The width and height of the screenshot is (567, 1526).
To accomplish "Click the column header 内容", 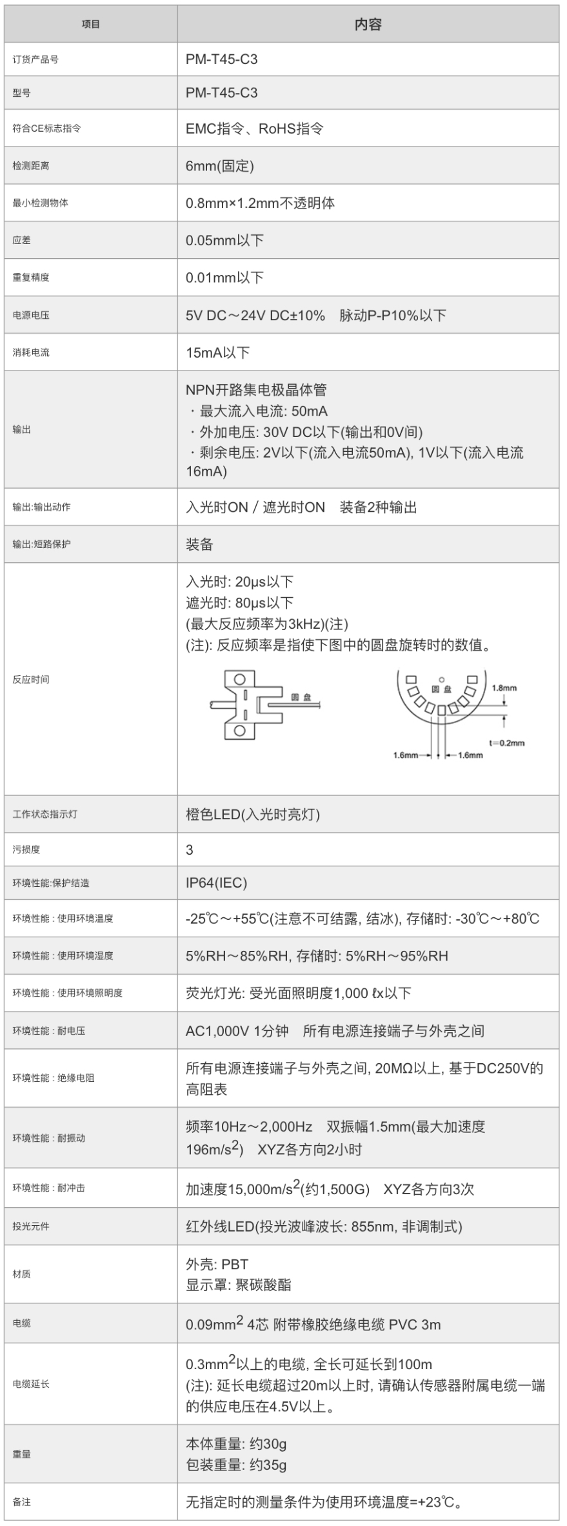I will (368, 25).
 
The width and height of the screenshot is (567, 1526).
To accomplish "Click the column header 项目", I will (91, 25).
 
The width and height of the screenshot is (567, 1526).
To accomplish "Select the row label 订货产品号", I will (35, 59).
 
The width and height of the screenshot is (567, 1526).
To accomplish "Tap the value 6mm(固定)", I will (220, 166).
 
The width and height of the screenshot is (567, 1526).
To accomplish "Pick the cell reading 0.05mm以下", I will (224, 241).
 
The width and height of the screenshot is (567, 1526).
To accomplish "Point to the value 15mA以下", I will (217, 352).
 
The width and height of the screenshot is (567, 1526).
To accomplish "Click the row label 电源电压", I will (31, 316).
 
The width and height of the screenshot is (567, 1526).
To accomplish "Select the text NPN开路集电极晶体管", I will (256, 390).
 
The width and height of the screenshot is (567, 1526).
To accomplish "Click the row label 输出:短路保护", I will (42, 544).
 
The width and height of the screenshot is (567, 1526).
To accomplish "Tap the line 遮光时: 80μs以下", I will (239, 603).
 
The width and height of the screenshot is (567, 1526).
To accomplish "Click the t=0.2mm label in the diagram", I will (506, 743).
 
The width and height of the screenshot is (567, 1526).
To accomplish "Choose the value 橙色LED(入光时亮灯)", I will (253, 815).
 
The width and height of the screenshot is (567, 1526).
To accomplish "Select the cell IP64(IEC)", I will (216, 883).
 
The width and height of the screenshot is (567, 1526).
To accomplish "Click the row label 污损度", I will (26, 850).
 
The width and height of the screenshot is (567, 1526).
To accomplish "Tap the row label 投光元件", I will (31, 1226).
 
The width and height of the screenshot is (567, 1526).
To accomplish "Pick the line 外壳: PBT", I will (217, 1265).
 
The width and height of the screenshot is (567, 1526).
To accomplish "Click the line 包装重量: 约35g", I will (236, 1465).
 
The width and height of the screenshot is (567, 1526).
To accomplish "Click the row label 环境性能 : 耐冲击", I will (49, 1188).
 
